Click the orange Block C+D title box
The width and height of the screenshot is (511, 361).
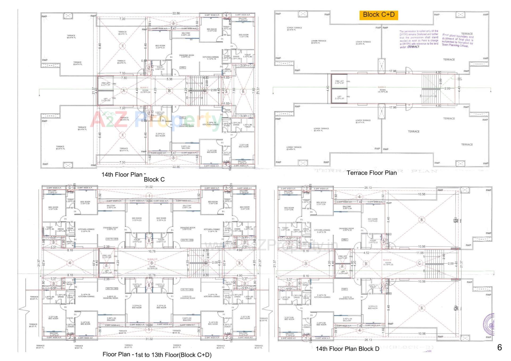tap(378, 15)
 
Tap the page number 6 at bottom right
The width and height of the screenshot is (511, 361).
tap(499, 347)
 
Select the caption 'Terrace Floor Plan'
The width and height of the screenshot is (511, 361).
tap(372, 173)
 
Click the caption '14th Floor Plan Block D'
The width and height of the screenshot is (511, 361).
tap(347, 349)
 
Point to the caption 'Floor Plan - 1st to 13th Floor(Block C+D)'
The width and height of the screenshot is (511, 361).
tap(157, 355)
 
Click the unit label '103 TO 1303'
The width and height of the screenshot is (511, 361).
tap(112, 239)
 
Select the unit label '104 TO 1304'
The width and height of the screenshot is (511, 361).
tap(187, 240)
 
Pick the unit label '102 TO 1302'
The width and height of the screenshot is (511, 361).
tap(112, 288)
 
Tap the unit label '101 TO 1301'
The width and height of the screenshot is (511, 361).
tap(187, 289)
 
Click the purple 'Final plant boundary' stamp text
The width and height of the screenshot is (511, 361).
tap(458, 40)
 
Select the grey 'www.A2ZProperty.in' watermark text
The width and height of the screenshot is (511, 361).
tap(271, 246)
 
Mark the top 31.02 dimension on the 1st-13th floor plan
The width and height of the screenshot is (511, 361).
tap(149, 187)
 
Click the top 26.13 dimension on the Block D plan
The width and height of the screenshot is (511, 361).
tap(368, 188)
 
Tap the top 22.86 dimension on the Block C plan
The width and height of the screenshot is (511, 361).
tap(176, 13)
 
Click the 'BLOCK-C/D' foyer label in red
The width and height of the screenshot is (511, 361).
tap(152, 259)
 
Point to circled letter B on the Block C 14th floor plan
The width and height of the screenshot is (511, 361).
tap(169, 91)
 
